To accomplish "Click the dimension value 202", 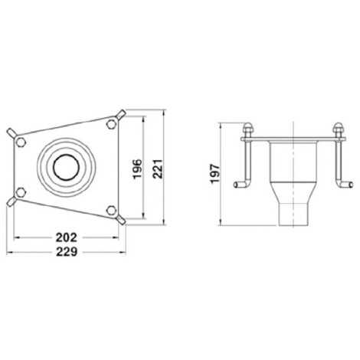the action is [x=67, y=237].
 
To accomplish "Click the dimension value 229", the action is [x=67, y=252].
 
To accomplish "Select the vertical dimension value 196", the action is [x=138, y=169].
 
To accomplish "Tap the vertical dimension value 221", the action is [x=157, y=169].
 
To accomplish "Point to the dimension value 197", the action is [x=215, y=174].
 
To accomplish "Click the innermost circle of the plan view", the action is [x=66, y=167].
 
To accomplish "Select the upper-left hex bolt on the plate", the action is [x=21, y=142].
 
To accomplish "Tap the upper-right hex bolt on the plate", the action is [x=111, y=124].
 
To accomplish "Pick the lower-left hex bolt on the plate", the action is [x=21, y=192].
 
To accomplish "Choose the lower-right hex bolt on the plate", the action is [x=111, y=211].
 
